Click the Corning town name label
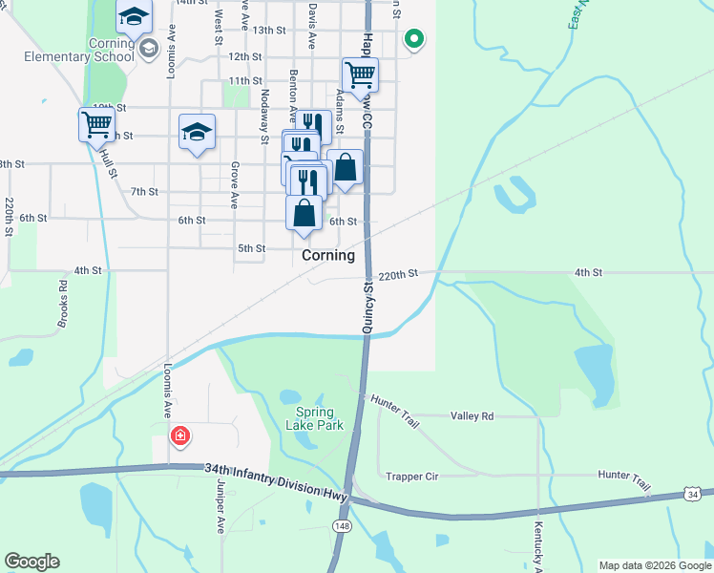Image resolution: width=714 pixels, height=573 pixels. (328, 255)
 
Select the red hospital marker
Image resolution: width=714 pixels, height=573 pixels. (179, 436)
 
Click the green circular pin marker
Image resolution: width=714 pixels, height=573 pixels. (413, 39)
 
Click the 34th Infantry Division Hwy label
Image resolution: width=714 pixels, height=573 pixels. (275, 471)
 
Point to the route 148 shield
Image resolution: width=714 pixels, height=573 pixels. (341, 527)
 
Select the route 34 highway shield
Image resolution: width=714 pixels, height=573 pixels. (694, 493)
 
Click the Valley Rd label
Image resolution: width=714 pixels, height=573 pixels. (472, 416)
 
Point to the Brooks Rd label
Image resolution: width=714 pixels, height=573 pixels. (63, 304)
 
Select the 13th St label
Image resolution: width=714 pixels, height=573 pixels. (270, 31)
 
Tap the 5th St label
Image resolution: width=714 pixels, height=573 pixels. (251, 248)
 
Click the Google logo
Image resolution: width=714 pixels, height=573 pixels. (31, 562)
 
